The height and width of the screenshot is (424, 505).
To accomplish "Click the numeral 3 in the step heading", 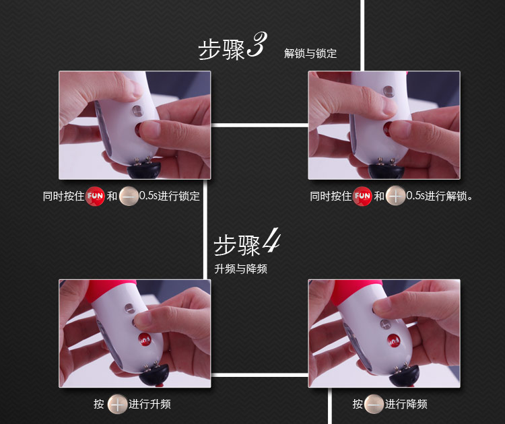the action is [257, 44].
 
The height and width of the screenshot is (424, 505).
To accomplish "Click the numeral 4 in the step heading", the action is [271, 240].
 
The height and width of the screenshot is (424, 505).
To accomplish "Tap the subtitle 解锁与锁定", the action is [310, 53].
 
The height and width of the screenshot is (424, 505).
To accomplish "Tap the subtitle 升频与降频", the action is [240, 269].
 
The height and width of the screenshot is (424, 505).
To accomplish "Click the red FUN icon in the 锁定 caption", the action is [95, 196].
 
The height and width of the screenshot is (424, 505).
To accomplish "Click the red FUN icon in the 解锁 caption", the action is [362, 196].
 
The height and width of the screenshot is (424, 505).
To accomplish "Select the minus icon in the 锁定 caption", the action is [129, 196].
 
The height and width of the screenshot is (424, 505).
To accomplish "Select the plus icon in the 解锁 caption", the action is [395, 196].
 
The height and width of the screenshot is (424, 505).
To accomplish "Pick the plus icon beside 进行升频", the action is [117, 404].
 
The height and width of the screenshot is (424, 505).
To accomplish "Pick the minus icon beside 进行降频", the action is [374, 404].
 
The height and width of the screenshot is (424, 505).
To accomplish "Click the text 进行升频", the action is [149, 404].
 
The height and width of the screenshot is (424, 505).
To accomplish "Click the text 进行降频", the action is [406, 404].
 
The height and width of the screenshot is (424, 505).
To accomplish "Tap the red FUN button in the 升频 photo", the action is [144, 339].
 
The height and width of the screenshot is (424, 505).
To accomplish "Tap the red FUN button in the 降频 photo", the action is [393, 341].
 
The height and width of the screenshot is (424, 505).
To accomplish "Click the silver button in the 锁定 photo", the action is [137, 110].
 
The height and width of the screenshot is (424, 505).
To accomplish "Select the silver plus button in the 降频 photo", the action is [385, 324].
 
